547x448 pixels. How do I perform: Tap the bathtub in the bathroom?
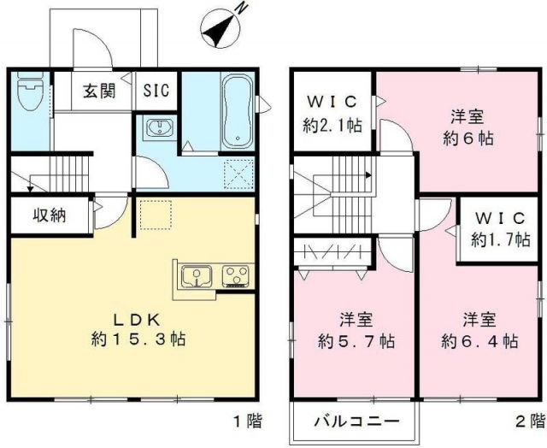click(238, 110)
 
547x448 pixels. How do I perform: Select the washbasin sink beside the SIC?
click(160, 127)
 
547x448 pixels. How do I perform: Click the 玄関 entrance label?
click(99, 91)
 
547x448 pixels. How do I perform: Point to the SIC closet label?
click(156, 91)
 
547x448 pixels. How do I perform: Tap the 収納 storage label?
click(50, 215)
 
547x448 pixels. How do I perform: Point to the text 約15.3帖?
click(138, 339)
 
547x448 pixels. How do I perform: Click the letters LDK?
click(138, 319)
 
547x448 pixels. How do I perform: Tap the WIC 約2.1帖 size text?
click(332, 126)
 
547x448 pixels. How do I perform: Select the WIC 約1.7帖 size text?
click(501, 240)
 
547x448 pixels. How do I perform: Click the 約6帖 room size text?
click(468, 139)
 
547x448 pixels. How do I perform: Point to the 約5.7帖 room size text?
click(356, 341)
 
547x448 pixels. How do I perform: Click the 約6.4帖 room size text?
click(479, 341)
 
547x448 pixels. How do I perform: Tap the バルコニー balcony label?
click(356, 421)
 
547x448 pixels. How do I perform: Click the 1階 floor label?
click(248, 421)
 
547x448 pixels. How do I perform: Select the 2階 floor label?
click(530, 421)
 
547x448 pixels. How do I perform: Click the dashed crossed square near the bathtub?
click(238, 174)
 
